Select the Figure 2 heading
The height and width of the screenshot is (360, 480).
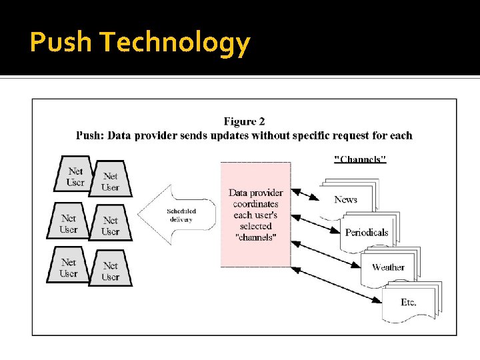[244, 121]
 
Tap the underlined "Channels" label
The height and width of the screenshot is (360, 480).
[360, 159]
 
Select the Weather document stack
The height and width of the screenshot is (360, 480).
[388, 267]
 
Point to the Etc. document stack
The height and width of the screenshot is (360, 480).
[409, 302]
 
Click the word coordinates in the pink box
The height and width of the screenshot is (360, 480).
[257, 204]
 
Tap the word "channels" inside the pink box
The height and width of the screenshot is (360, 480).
[256, 237]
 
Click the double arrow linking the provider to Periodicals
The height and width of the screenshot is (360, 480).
[317, 218]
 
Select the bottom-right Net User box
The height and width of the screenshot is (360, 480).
[111, 271]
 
